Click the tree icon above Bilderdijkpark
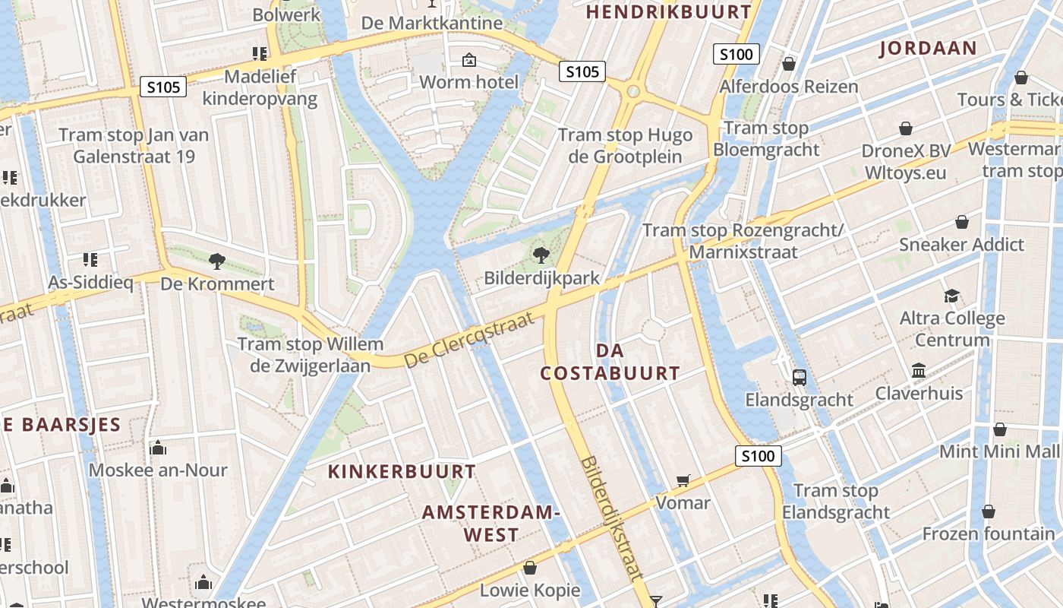[541, 255]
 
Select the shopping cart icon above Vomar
[683, 480]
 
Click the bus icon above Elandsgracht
[799, 377]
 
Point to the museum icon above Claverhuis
[919, 371]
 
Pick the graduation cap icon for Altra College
[951, 296]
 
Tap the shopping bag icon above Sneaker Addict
[961, 222]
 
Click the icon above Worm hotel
[469, 59]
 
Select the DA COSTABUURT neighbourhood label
[610, 362]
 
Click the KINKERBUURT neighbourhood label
[402, 471]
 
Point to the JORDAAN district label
[928, 49]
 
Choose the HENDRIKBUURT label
[668, 12]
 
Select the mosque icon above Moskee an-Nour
[158, 448]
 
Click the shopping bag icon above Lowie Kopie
[530, 568]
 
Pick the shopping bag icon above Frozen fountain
[988, 511]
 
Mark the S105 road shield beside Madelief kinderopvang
[163, 87]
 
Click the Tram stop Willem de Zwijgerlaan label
[311, 355]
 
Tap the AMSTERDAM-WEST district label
[490, 523]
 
